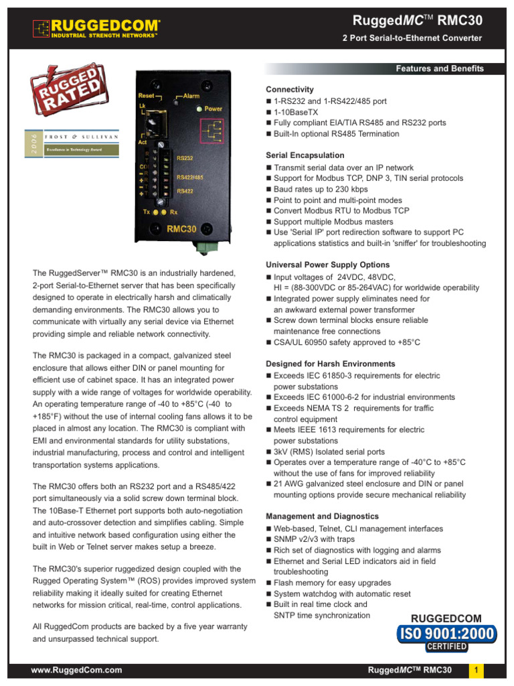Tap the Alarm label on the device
192,96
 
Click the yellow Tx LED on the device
155,212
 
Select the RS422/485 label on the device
189,177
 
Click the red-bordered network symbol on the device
212,130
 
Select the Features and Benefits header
439,68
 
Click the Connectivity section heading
290,90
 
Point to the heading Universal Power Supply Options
327,265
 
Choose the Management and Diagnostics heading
322,517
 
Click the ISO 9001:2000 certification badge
446,633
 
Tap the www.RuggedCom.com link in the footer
77,670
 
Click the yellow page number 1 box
476,670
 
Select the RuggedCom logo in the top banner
96,28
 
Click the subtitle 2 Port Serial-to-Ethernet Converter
412,38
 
